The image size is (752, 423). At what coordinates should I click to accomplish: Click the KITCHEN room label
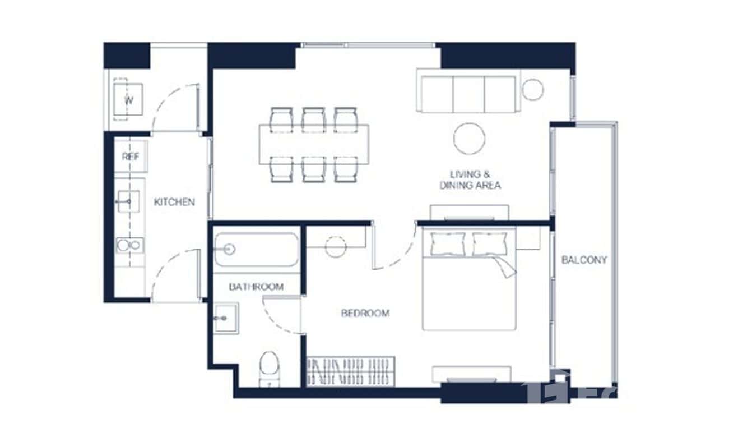click(174, 202)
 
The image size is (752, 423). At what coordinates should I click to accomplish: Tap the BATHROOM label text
click(256, 287)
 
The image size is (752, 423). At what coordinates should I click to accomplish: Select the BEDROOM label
click(365, 313)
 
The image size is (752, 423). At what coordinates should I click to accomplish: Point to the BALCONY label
click(584, 260)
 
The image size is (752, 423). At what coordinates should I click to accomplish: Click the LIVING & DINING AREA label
click(470, 180)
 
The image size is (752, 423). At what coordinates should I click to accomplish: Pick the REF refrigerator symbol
click(131, 157)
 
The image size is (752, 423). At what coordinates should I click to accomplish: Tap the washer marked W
click(128, 100)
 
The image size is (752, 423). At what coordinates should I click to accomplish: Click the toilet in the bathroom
click(270, 367)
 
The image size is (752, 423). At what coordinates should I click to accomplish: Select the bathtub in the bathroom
click(256, 249)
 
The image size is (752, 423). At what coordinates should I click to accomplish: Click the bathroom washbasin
click(226, 318)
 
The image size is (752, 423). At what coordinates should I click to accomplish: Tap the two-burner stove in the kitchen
click(129, 245)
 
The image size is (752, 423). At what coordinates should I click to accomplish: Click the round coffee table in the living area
click(469, 138)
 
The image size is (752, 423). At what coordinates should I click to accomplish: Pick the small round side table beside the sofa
click(532, 90)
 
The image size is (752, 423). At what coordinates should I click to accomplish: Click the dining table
click(314, 145)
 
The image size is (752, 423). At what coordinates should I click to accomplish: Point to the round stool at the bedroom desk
click(336, 246)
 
